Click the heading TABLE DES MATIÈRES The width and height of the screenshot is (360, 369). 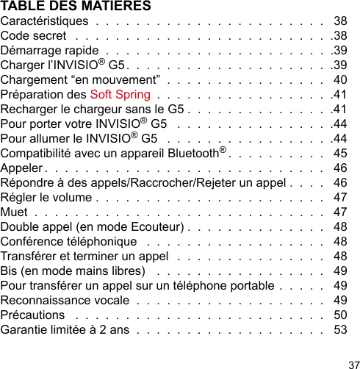coord(76,7)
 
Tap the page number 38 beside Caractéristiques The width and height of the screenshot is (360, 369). coord(340,21)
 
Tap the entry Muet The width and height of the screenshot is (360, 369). coord(15,212)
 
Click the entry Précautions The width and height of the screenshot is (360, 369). coord(32,315)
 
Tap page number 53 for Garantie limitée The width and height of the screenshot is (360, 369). coord(340,329)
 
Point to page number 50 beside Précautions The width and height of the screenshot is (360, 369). coord(340,315)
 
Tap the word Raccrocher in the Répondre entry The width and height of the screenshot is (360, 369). coord(179,182)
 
